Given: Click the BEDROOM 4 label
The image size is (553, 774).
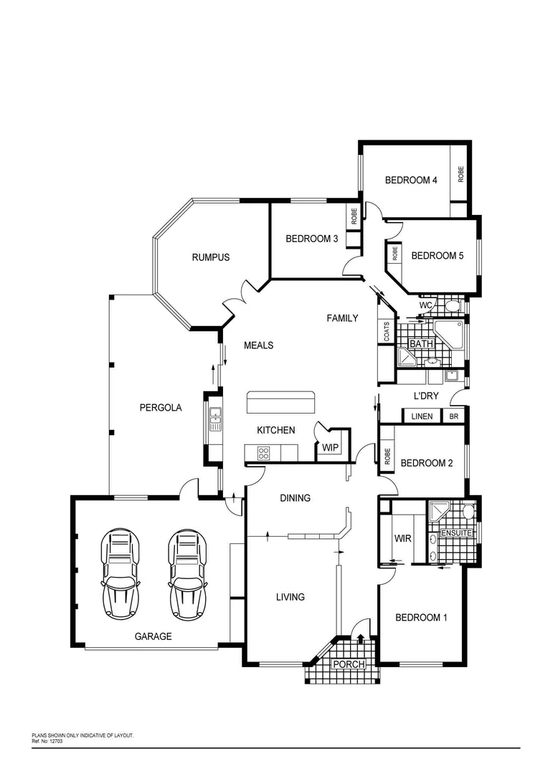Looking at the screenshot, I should [x=410, y=181].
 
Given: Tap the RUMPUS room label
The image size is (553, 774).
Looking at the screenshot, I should [x=210, y=257].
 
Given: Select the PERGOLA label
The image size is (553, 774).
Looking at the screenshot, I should [x=160, y=408].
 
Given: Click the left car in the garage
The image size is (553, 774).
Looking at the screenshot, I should [x=120, y=574].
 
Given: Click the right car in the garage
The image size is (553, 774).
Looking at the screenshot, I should [x=187, y=574].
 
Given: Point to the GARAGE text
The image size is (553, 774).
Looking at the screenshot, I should [x=153, y=636].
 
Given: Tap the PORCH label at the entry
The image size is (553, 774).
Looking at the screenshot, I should [x=348, y=665].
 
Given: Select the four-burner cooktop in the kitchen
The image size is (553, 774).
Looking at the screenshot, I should [x=263, y=453].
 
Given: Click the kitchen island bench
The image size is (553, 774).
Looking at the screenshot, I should [x=280, y=403].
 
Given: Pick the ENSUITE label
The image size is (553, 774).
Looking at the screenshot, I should [x=455, y=533].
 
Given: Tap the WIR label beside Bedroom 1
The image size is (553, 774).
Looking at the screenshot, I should [x=402, y=538].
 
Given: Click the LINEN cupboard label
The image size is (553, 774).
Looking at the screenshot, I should [x=422, y=416].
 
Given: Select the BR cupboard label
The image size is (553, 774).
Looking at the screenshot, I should [x=453, y=416].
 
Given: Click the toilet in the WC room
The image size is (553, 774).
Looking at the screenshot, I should [x=452, y=307].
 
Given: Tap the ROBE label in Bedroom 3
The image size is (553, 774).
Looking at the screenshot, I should [x=354, y=216].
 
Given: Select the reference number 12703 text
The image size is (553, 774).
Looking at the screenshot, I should [x=52, y=741].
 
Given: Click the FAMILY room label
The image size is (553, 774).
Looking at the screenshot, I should [x=342, y=318].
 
